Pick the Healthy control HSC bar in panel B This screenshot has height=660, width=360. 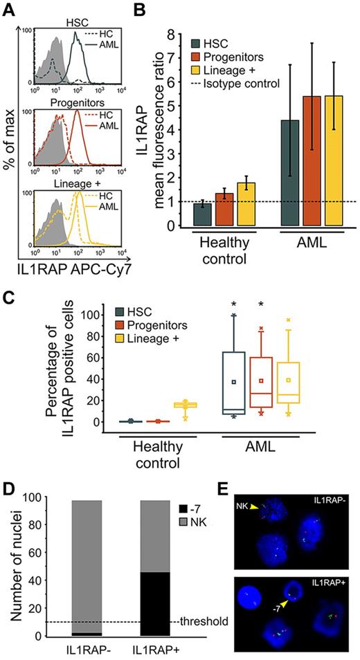[201, 214]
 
